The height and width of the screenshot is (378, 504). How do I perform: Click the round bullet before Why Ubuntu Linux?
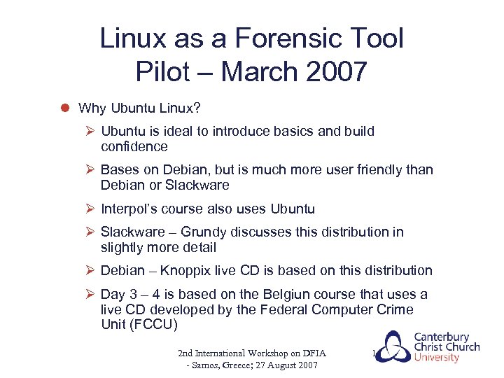click(x=63, y=108)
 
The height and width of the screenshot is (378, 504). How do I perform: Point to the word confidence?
click(x=134, y=147)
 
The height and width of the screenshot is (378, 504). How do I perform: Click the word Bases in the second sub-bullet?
click(x=120, y=170)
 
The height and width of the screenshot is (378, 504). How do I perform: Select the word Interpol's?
click(x=129, y=209)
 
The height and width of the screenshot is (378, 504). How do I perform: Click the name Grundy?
click(x=204, y=232)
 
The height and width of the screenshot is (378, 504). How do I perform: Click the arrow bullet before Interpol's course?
click(x=90, y=209)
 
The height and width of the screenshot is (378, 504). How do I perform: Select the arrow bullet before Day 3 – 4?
click(x=90, y=295)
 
